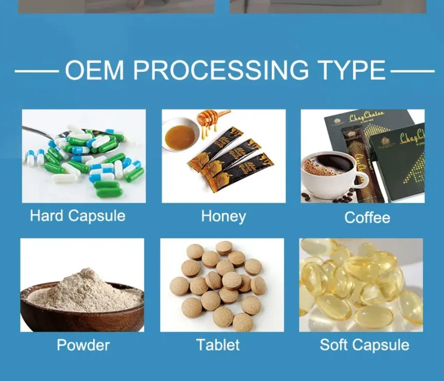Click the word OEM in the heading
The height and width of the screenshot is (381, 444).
point(94,70)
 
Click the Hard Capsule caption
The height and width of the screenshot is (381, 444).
point(78,216)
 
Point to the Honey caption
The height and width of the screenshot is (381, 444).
point(223,216)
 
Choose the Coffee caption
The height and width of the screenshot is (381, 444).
point(367,217)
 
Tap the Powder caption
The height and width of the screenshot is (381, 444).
point(83,345)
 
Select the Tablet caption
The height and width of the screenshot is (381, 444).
point(218,345)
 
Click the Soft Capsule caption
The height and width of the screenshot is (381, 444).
point(364,345)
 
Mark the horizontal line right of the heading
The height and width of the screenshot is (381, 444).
point(412,71)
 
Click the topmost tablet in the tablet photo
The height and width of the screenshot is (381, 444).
point(224,248)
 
